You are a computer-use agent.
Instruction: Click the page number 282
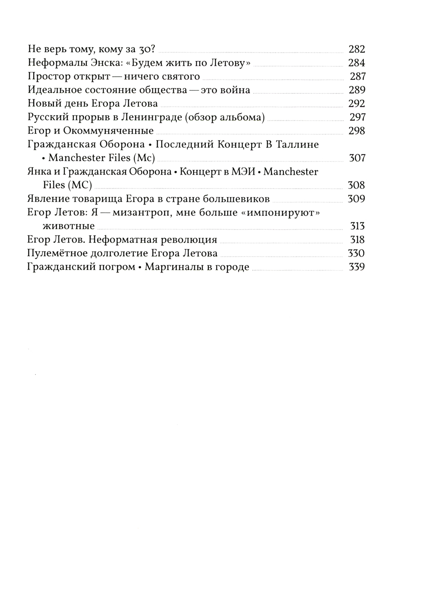coord(357,49)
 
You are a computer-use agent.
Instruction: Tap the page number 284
coord(357,63)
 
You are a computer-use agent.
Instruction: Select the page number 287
coord(357,77)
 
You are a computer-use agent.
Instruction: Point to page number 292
coord(357,104)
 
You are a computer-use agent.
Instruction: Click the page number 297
coord(357,117)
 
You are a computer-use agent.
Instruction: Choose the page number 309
coord(357,199)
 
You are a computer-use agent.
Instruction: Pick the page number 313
coord(357,226)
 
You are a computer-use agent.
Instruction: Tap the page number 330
coord(357,253)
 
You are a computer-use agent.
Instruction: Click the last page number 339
coord(357,267)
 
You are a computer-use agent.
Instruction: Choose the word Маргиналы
coord(173,267)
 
